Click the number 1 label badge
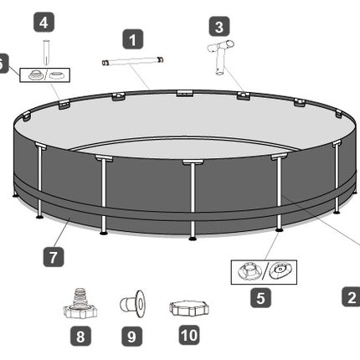[133, 39]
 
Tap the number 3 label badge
[219, 27]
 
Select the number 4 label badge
[44, 22]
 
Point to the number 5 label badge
[260, 298]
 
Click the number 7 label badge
[54, 257]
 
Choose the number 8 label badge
[80, 336]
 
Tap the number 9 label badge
[131, 336]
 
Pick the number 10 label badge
[189, 335]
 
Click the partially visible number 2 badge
[352, 297]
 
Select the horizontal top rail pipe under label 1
[133, 61]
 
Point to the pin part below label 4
[46, 53]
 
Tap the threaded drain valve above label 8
[80, 304]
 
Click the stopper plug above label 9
[132, 304]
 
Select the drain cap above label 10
[189, 309]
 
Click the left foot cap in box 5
[249, 271]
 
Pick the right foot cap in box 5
[280, 270]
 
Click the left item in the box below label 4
[36, 75]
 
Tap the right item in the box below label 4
[57, 75]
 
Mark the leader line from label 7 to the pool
[61, 231]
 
